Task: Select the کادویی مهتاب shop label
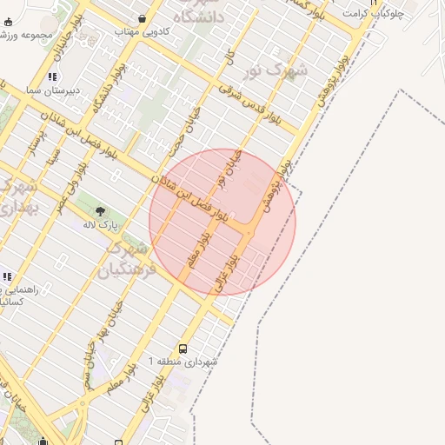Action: (x=142, y=30)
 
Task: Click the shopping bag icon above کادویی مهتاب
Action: (x=142, y=17)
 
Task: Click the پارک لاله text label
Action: (x=100, y=225)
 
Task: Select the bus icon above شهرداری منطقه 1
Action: (x=182, y=346)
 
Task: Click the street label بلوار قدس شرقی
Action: (x=253, y=103)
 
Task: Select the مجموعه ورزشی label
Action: (x=25, y=36)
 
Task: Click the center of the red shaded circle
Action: (x=222, y=222)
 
